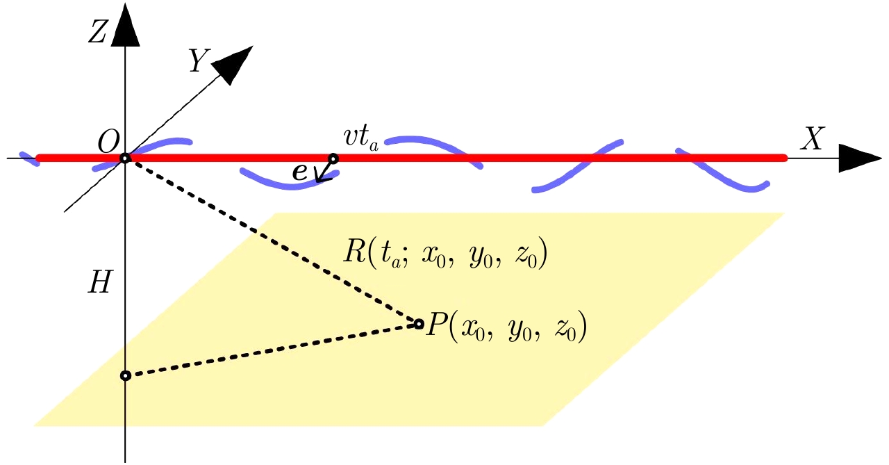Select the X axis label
coord(811,140)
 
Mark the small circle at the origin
coord(125,158)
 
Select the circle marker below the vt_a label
coord(333,158)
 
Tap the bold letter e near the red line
coord(301,172)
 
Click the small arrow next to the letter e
coord(323,172)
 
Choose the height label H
coord(100,284)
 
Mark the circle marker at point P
coord(418,323)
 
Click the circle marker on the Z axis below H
coord(126,375)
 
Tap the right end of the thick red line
coord(783,158)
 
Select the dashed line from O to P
coord(271,240)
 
